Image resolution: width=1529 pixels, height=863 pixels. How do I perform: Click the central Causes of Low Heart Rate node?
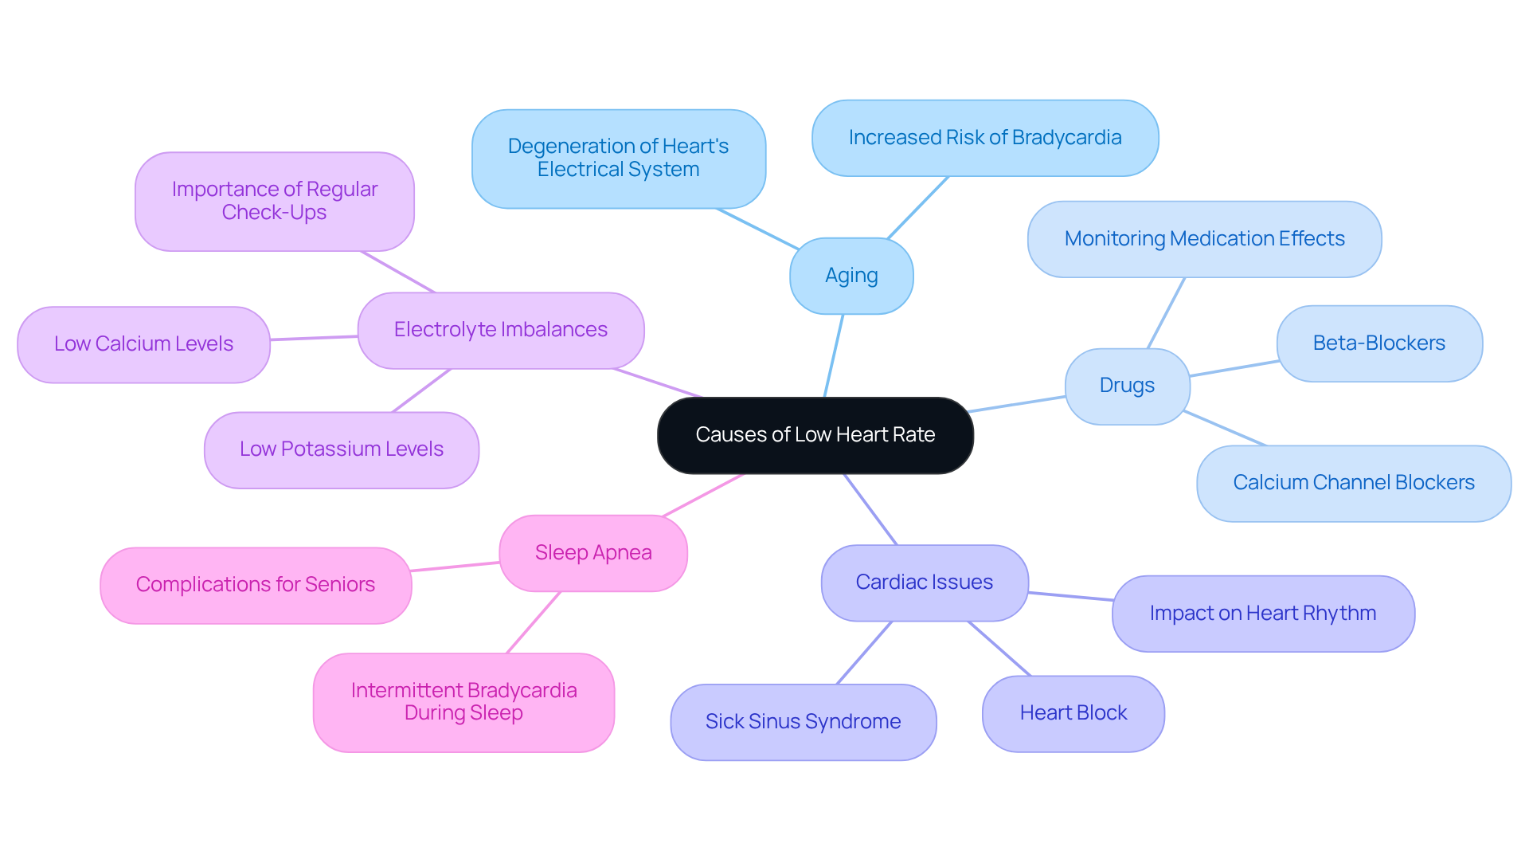click(x=815, y=435)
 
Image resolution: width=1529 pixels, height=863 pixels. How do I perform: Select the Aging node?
click(x=851, y=276)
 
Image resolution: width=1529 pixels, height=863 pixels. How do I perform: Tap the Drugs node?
click(x=1127, y=386)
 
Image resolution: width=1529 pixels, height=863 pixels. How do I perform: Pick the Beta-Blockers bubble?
click(x=1378, y=343)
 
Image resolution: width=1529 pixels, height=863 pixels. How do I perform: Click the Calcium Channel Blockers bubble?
click(x=1353, y=483)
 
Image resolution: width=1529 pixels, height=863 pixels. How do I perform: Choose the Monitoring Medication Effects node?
click(x=1204, y=239)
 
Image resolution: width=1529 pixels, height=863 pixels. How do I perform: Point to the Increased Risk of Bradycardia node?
click(x=984, y=138)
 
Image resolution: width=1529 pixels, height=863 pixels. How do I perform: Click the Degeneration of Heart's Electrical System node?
click(x=618, y=159)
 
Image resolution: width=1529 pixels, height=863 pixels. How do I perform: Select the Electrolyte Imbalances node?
click(x=500, y=330)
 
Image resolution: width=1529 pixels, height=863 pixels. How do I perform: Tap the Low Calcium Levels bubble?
click(x=143, y=344)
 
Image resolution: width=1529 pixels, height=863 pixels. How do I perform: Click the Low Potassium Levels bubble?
click(x=341, y=449)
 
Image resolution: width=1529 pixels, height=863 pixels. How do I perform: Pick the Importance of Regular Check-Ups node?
click(x=274, y=202)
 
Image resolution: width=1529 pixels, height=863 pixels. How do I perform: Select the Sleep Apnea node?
click(x=592, y=553)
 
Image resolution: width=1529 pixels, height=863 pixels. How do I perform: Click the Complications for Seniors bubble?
click(x=255, y=585)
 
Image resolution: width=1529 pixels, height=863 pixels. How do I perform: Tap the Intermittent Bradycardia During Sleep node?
click(x=463, y=702)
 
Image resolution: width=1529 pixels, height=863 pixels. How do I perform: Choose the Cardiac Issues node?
click(x=924, y=583)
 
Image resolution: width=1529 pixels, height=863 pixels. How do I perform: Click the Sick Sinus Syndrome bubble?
click(x=803, y=722)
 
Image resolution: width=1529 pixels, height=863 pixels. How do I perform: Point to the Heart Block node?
click(x=1073, y=713)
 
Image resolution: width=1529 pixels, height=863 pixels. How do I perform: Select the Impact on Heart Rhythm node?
click(x=1262, y=614)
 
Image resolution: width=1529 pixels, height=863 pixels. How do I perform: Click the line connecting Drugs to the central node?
click(x=1018, y=404)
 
